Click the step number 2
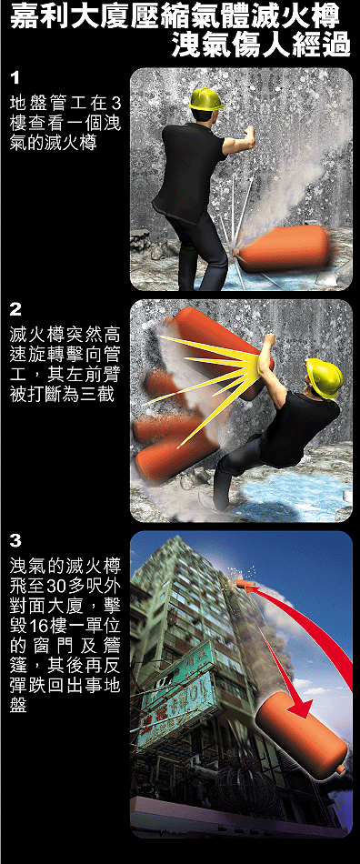pyautogui.click(x=15, y=309)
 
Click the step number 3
pyautogui.click(x=15, y=541)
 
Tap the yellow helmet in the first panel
pyautogui.click(x=205, y=98)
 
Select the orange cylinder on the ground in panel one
pyautogui.click(x=282, y=248)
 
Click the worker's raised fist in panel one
pyautogui.click(x=249, y=135)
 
